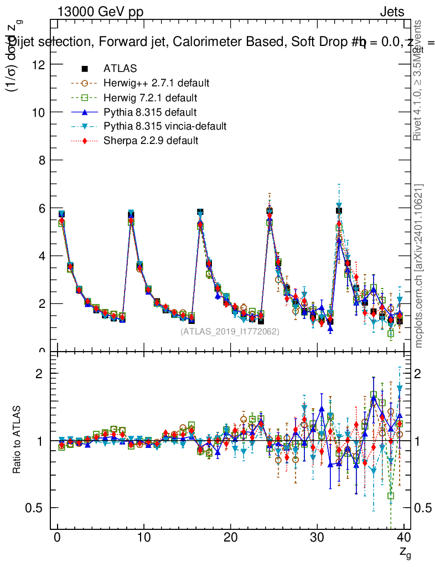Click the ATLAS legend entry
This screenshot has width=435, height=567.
[x=120, y=69]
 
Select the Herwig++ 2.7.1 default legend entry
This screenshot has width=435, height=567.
[x=156, y=83]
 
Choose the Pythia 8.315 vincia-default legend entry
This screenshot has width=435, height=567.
[x=165, y=126]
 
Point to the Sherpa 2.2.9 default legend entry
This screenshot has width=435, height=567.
[x=151, y=141]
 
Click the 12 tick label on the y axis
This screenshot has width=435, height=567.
[x=40, y=64]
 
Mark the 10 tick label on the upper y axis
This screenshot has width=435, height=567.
[x=40, y=112]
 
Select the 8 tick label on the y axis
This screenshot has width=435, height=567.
[x=43, y=160]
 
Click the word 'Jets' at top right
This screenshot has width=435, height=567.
[x=392, y=12]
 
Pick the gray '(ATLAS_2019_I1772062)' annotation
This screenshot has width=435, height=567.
[x=230, y=332]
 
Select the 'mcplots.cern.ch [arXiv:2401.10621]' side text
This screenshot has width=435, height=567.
[x=419, y=266]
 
